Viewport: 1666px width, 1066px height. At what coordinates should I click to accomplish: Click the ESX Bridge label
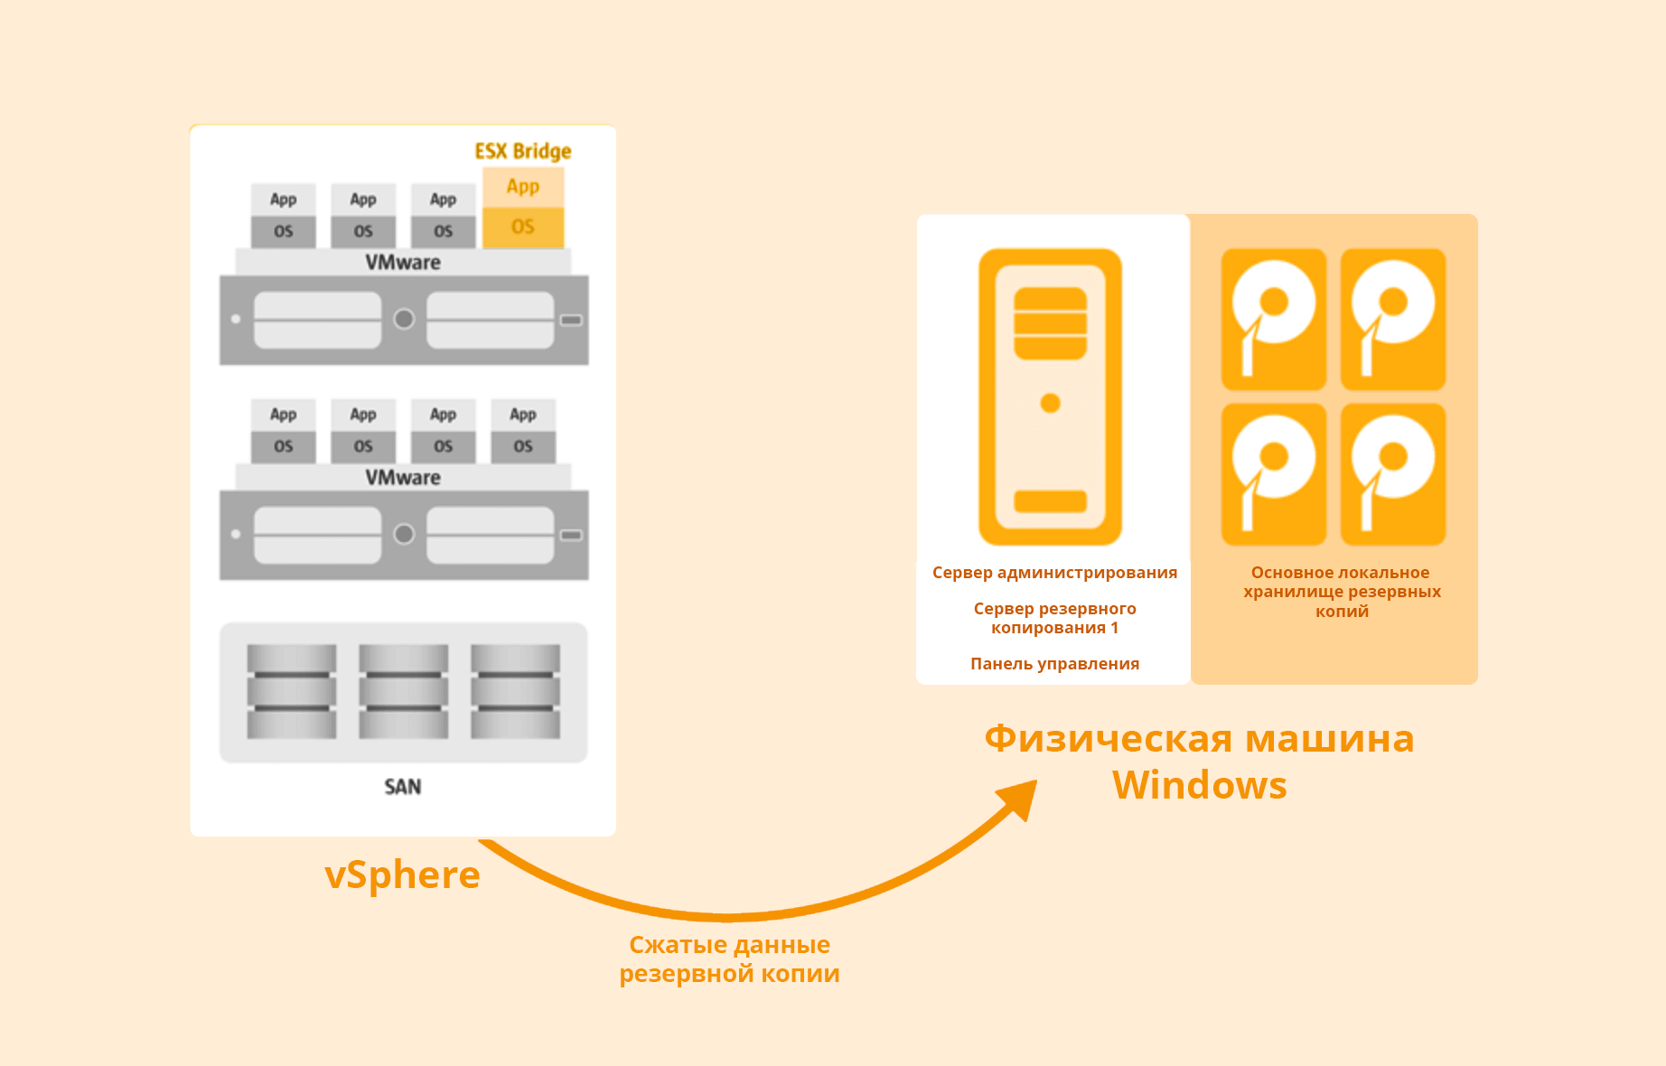[x=523, y=151]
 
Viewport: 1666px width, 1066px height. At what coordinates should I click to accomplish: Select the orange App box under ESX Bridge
[x=523, y=187]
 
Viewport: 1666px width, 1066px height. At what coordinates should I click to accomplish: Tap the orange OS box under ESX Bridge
[x=523, y=227]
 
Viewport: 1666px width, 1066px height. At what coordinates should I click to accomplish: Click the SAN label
[x=403, y=787]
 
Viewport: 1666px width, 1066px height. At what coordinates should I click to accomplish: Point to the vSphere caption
[x=402, y=874]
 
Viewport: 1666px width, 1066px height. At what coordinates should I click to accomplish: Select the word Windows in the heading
[x=1199, y=785]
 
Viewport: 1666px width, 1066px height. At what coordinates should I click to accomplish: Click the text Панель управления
[x=1054, y=664]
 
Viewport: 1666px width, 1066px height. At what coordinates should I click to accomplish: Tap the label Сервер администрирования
[x=1054, y=573]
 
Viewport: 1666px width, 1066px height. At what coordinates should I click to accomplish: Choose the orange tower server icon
[x=1050, y=397]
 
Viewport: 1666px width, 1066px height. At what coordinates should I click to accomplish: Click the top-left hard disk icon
[x=1273, y=319]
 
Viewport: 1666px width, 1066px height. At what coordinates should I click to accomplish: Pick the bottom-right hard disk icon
[x=1392, y=474]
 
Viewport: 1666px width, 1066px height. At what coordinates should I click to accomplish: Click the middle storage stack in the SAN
[x=403, y=691]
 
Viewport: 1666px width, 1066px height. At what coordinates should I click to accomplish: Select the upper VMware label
[x=403, y=263]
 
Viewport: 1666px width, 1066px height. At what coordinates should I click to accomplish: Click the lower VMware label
[x=403, y=478]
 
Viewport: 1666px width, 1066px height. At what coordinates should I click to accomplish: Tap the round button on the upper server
[x=404, y=319]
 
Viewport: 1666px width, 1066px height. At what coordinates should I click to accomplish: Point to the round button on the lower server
[x=404, y=534]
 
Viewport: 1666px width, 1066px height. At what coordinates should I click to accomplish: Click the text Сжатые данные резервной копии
[x=729, y=959]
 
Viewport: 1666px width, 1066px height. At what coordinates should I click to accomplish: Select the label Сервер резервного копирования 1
[x=1054, y=618]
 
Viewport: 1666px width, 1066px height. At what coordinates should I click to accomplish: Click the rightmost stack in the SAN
[x=515, y=691]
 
